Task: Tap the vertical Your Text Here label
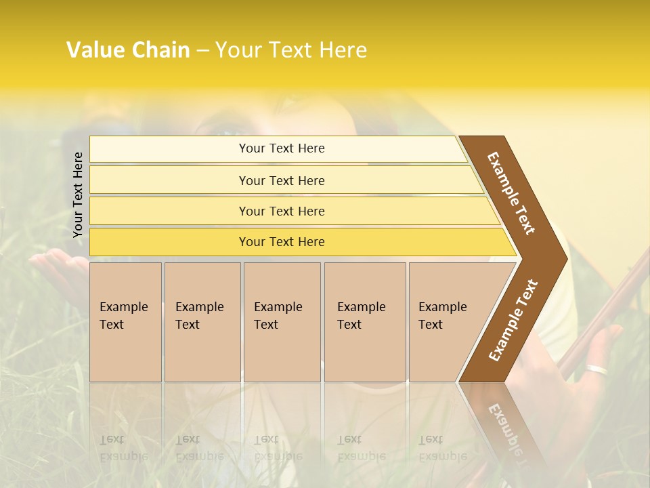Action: [78, 195]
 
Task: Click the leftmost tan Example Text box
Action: [125, 322]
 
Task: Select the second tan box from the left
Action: [202, 322]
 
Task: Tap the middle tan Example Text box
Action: [282, 322]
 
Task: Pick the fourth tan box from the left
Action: [365, 322]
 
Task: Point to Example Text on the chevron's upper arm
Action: [511, 192]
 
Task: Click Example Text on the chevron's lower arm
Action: [513, 320]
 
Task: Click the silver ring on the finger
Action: [597, 369]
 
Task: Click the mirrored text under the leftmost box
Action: [123, 448]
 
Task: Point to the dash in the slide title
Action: [202, 51]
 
